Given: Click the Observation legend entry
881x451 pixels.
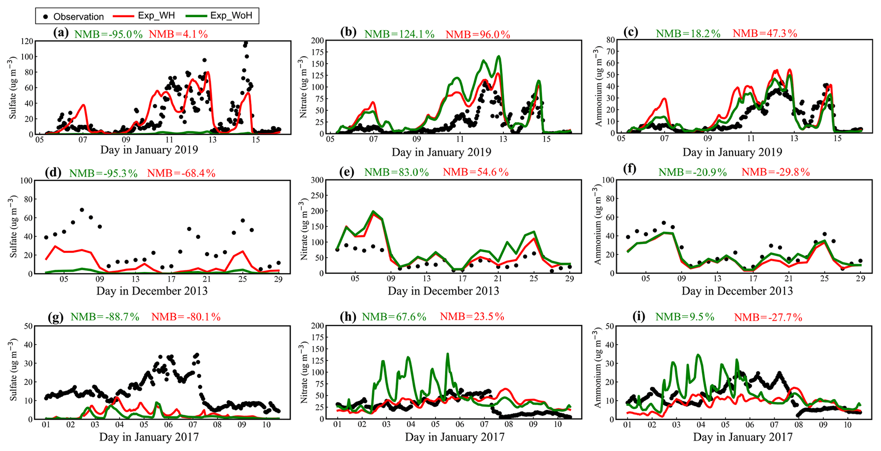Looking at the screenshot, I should click(74, 17).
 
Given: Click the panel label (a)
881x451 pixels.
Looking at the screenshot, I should click(61, 33).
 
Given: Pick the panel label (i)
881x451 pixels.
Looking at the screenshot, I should click(638, 316).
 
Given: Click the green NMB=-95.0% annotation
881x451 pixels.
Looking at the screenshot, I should click(108, 34).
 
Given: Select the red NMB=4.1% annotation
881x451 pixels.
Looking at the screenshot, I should click(178, 34).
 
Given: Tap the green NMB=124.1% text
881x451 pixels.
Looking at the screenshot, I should click(399, 34).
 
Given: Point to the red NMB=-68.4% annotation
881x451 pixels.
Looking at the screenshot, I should click(181, 173).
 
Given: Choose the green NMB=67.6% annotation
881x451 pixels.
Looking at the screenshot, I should click(394, 317).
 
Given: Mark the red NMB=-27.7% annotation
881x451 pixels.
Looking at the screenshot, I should click(768, 317).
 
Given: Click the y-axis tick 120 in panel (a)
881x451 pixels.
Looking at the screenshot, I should click(28, 41).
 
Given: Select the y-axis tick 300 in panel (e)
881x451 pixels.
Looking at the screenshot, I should click(317, 180).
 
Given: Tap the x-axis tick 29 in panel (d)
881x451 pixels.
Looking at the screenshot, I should click(278, 279).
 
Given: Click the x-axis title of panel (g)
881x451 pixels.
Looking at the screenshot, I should click(149, 437).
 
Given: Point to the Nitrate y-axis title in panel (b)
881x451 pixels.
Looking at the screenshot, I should click(303, 87).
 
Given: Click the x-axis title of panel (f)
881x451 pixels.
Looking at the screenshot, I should click(737, 291).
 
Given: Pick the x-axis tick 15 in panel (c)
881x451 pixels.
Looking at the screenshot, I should click(837, 139).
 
